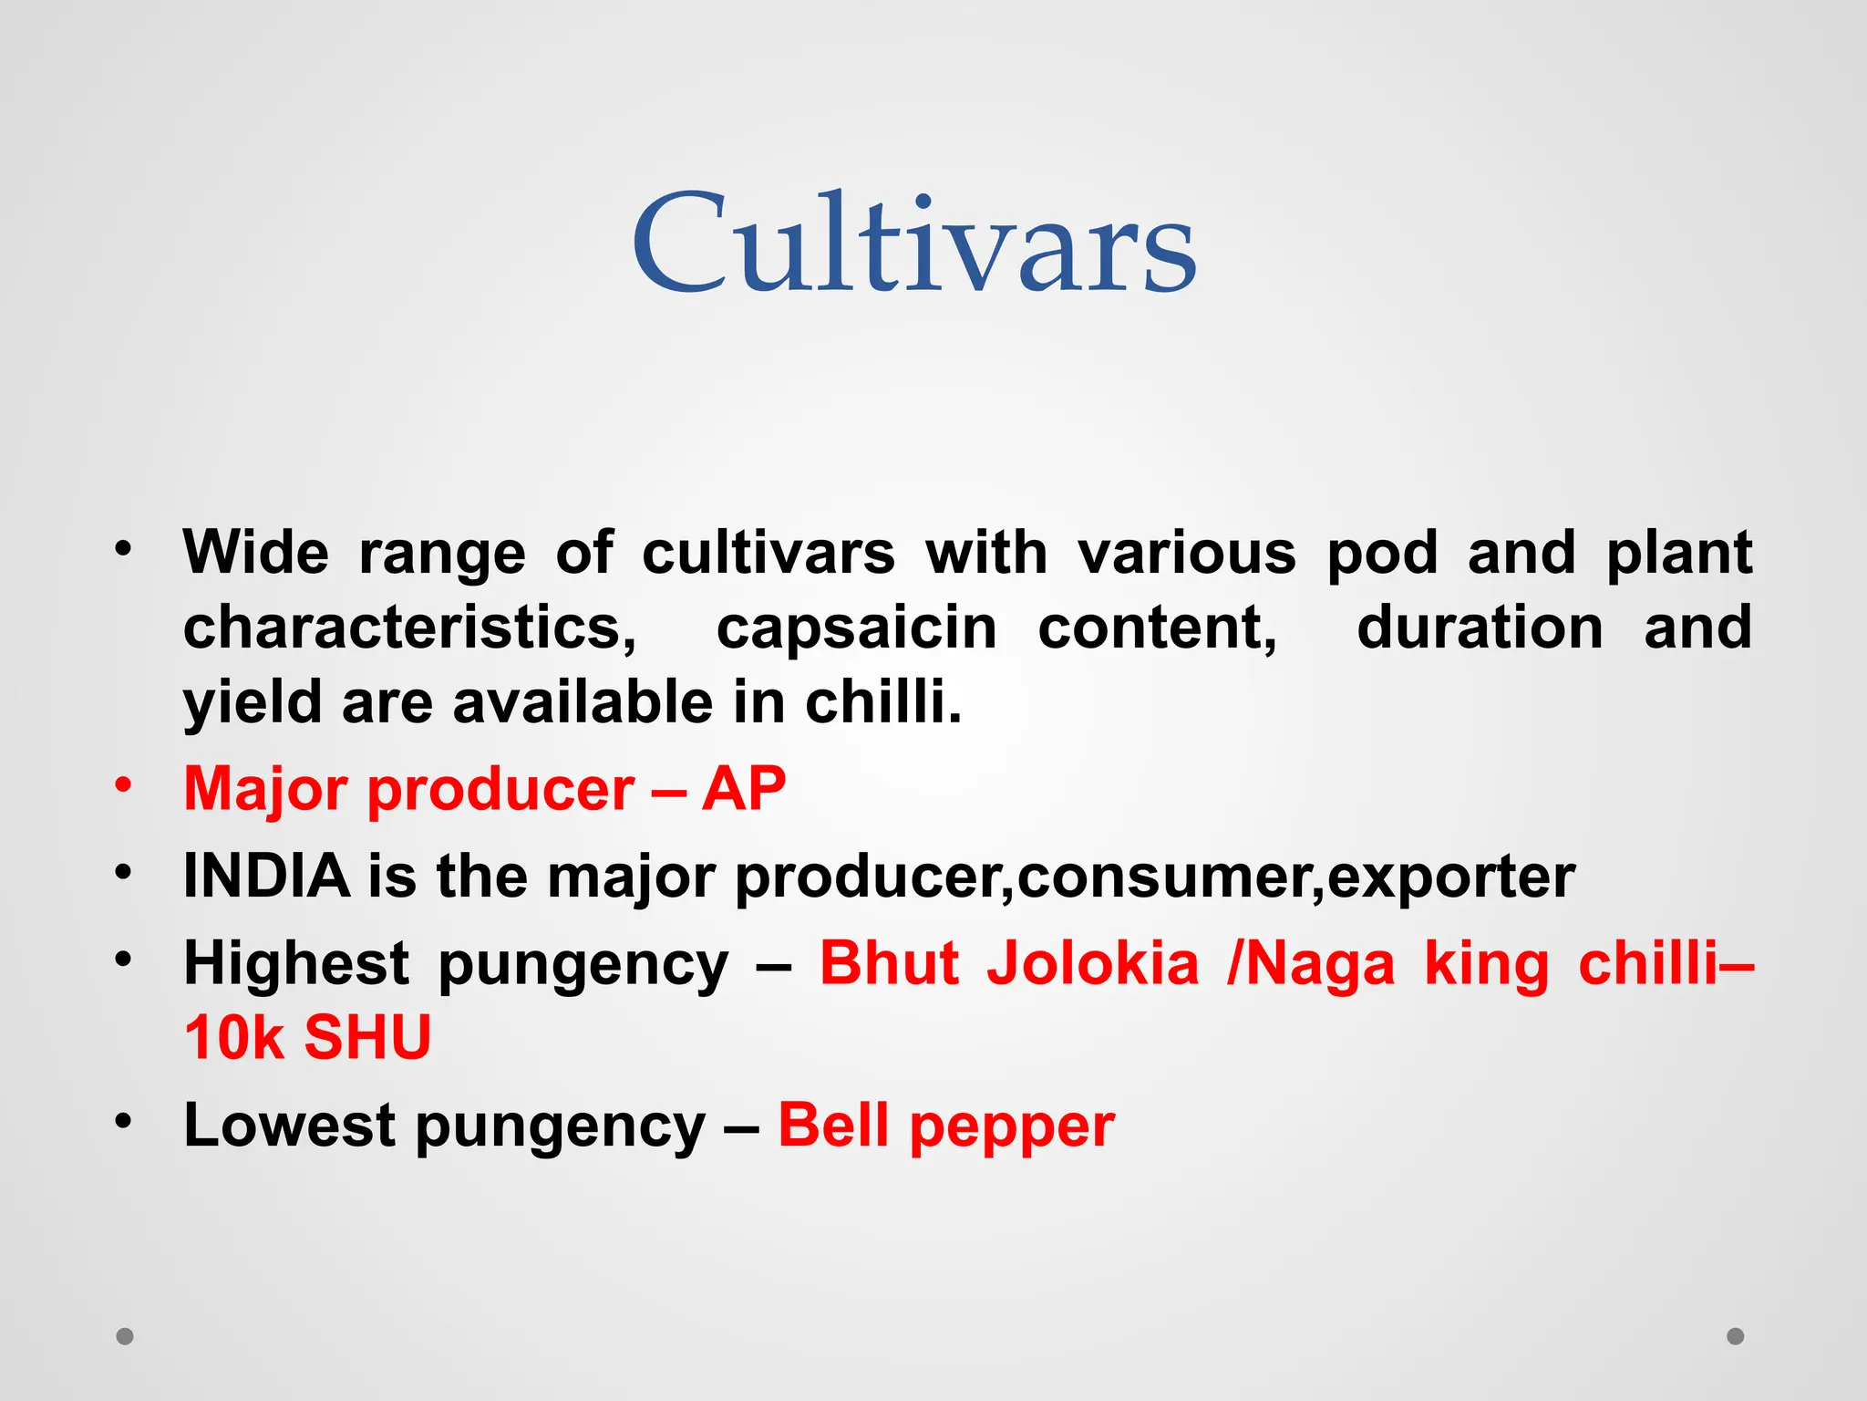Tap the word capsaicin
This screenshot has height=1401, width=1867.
(x=856, y=628)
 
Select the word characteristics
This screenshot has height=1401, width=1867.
(x=409, y=628)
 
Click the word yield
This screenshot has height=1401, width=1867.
(x=253, y=702)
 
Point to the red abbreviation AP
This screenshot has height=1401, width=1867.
(x=743, y=788)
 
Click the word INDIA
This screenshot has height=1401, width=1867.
(x=266, y=876)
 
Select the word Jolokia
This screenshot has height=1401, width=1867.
(x=1093, y=963)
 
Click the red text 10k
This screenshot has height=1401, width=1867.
(x=234, y=1038)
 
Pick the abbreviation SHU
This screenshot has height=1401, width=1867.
(x=366, y=1038)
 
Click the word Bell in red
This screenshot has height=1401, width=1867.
(x=833, y=1126)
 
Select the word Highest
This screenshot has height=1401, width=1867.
(x=296, y=963)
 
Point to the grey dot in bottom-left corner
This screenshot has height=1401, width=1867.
(x=125, y=1336)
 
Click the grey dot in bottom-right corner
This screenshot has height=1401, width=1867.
(x=1736, y=1336)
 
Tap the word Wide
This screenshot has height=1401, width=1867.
(x=256, y=553)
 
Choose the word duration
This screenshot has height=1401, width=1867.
(x=1480, y=628)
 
